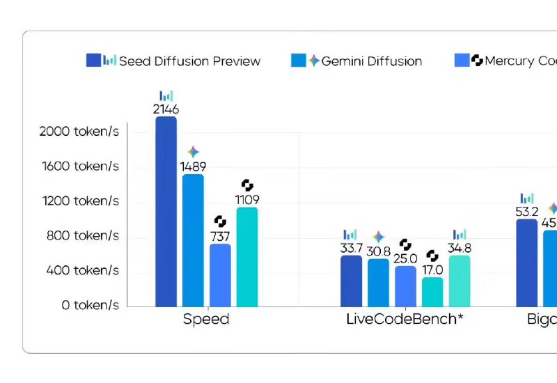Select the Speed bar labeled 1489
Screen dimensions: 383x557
(x=193, y=240)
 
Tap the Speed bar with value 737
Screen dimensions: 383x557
(x=220, y=275)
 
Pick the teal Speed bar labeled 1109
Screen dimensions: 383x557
(x=247, y=257)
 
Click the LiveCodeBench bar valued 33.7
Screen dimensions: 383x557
(x=351, y=281)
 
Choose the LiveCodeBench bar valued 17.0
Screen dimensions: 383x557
(x=432, y=292)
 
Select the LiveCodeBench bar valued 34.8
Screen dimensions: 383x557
(x=460, y=281)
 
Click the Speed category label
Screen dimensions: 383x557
(x=206, y=320)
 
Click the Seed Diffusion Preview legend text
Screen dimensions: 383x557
(x=189, y=61)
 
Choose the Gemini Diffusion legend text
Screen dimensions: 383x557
(x=372, y=61)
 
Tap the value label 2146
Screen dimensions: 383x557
(x=166, y=109)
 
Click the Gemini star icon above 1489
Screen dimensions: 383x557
(x=193, y=152)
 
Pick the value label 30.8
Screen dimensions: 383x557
(x=378, y=251)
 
